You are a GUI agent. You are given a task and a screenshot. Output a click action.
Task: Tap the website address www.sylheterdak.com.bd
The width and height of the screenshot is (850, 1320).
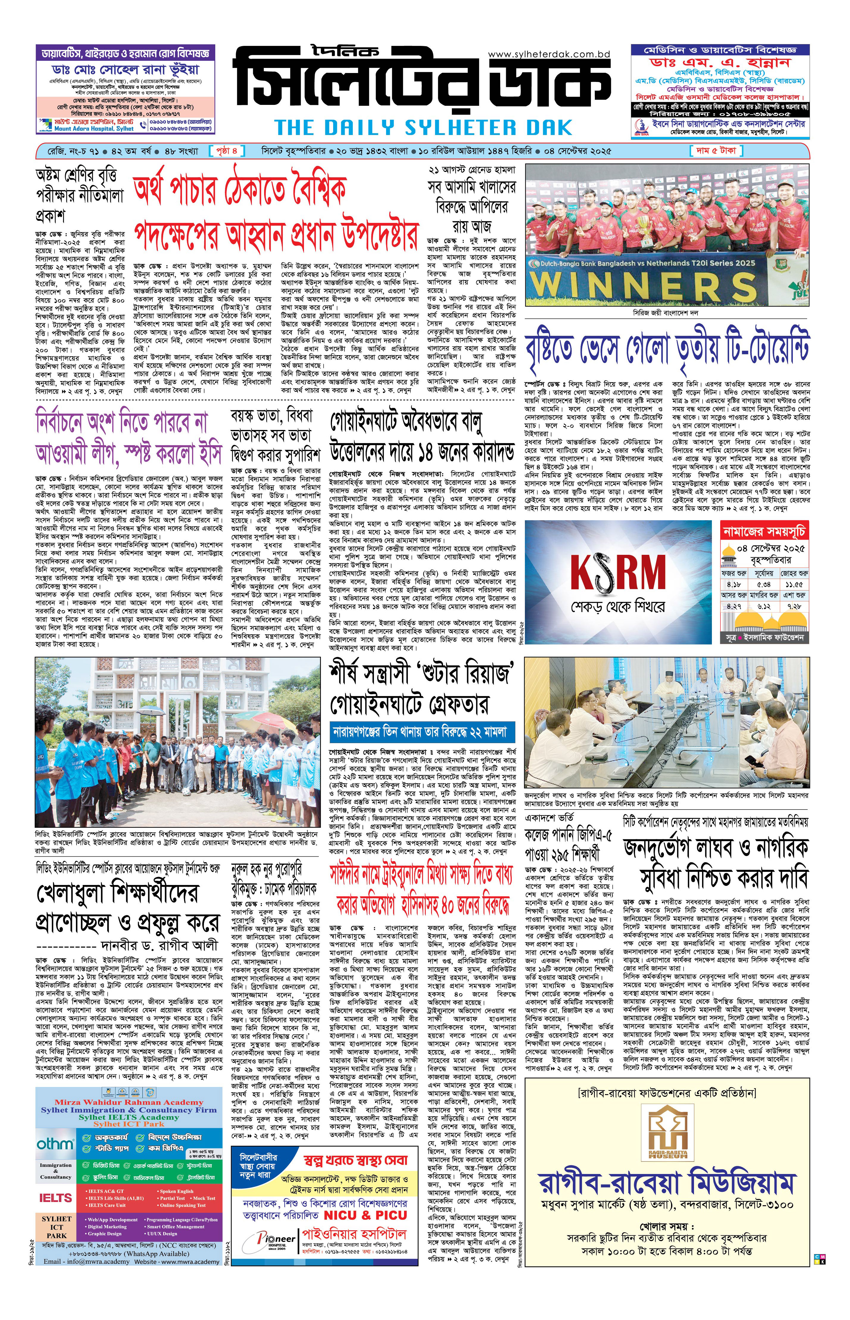tap(549, 54)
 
